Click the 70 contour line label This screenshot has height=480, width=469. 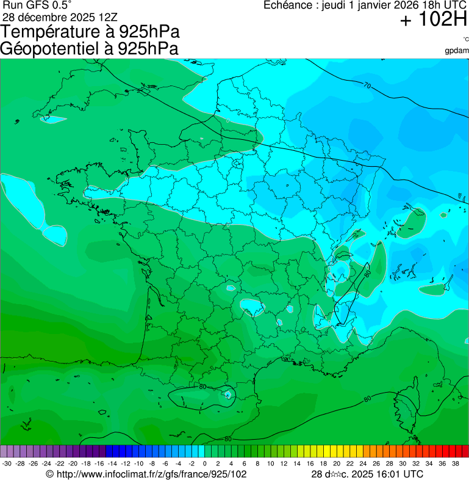pos(367,85)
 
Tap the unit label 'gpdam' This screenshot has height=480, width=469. pos(457,50)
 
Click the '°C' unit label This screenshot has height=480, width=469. pos(465,39)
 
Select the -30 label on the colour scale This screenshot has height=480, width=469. pos(7,464)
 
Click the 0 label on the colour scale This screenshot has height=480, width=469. pos(205,464)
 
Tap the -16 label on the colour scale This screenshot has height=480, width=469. pos(99,464)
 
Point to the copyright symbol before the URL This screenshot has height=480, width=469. pos(50,474)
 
